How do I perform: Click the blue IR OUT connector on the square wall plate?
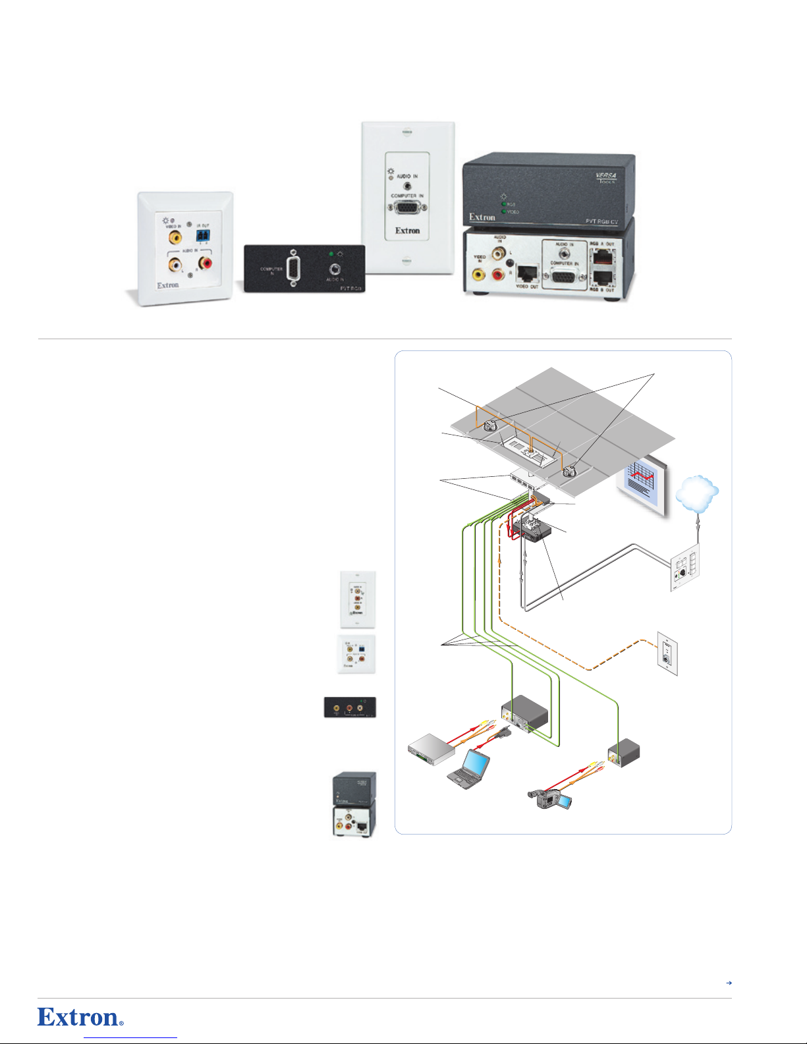[x=201, y=235]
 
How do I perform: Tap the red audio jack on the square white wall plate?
[x=206, y=263]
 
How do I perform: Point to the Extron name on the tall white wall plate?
[x=408, y=231]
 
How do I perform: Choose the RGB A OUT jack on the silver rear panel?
[x=603, y=256]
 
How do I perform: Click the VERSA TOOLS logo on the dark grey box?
[x=605, y=179]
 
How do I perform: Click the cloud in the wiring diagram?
[x=698, y=493]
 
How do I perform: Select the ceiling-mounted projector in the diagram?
[x=532, y=528]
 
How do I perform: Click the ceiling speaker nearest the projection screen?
[x=570, y=470]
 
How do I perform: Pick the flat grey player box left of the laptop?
[x=431, y=748]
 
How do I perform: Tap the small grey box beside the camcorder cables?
[x=624, y=753]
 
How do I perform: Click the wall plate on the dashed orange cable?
[x=667, y=653]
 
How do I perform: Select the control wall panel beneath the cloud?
[x=685, y=571]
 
